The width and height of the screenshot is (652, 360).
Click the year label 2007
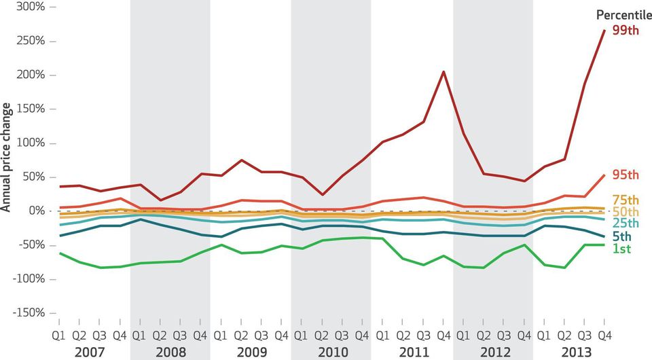pos(90,352)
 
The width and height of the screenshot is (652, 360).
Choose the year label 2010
pos(331,352)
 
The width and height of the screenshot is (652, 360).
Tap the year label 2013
pos(575,352)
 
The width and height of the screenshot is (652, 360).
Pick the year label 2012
pos(493,352)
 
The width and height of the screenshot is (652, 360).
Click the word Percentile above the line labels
pos(623,15)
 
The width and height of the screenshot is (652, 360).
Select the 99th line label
pos(625,29)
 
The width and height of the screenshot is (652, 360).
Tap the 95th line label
pos(625,175)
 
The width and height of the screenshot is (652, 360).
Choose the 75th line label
pos(625,200)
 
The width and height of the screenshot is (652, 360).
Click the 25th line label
pos(625,223)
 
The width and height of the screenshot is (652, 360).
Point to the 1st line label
pos(621,249)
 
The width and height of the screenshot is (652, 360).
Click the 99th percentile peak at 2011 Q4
pos(443,71)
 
